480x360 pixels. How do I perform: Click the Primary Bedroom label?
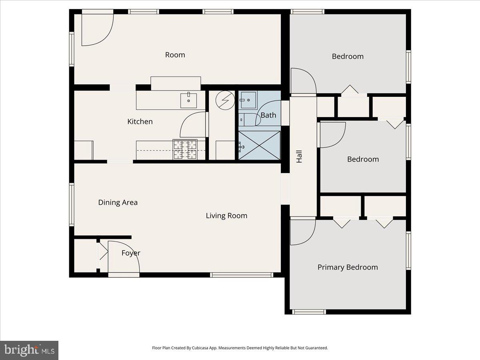click(348, 267)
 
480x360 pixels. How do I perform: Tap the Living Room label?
click(226, 216)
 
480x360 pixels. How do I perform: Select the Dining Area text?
click(118, 202)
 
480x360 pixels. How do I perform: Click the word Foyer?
click(131, 253)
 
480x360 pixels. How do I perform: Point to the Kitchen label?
click(140, 121)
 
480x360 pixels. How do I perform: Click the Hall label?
click(299, 156)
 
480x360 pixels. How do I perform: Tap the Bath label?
click(268, 115)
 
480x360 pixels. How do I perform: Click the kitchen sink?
click(188, 100)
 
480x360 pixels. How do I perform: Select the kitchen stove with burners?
click(185, 150)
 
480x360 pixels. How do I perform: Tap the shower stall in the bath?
click(259, 145)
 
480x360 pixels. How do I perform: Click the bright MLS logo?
click(29, 350)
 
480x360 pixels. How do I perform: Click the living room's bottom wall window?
click(242, 275)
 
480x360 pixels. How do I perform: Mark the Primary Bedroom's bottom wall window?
click(308, 312)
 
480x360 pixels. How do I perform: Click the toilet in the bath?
click(245, 119)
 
